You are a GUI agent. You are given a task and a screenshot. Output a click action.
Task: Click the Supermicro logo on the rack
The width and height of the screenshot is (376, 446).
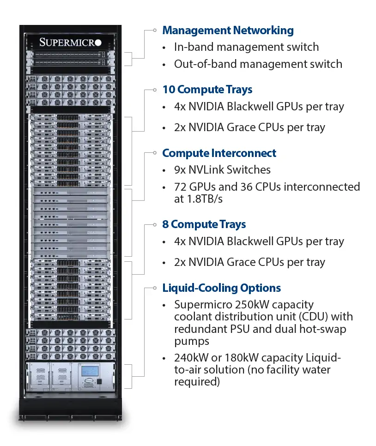70,42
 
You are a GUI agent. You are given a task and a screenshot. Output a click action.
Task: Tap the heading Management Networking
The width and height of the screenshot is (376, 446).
228,30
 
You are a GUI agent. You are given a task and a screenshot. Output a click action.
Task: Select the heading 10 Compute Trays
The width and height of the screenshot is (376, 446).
207,89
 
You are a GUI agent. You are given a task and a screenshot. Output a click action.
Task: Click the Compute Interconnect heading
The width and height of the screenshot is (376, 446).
219,153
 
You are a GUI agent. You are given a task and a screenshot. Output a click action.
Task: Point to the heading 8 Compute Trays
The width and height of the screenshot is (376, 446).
204,224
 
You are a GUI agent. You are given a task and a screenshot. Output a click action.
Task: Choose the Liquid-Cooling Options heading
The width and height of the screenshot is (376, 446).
221,288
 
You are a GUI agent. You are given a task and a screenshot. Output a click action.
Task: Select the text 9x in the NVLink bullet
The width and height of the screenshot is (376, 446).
180,170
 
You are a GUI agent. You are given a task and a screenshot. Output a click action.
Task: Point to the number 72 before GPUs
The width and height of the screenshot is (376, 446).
181,187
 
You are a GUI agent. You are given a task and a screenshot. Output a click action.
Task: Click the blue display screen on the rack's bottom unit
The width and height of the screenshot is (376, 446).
90,371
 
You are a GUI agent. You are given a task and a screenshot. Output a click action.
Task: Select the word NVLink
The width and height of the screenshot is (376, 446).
206,170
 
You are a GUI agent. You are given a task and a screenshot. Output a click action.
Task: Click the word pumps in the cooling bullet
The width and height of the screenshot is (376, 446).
192,341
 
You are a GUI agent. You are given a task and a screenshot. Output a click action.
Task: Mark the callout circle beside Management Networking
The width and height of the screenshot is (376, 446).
155,30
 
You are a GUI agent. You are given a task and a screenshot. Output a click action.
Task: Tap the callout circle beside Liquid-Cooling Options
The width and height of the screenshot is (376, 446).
155,288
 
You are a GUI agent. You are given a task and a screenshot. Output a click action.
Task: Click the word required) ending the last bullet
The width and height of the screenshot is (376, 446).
197,382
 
